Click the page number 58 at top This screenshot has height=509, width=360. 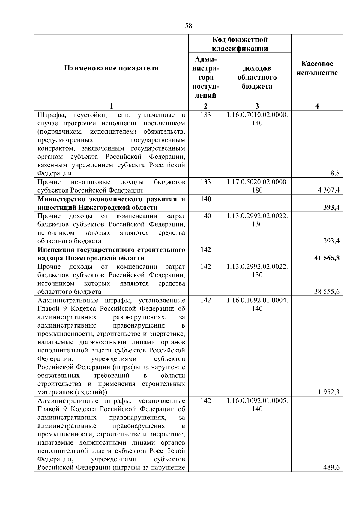(188, 26)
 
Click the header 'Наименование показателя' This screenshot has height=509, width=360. (111, 68)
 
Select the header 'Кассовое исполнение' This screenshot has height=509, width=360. (317, 68)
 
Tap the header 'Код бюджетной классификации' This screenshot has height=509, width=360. (240, 44)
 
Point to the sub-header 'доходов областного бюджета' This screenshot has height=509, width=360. (257, 78)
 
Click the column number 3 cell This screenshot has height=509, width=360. (257, 106)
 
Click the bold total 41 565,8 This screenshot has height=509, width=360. (327, 258)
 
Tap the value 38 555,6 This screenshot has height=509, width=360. (327, 292)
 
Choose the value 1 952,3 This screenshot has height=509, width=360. (329, 392)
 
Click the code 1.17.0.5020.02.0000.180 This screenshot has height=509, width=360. (257, 186)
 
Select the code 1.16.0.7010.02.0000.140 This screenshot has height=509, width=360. (257, 119)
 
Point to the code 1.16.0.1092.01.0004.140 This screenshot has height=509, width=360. (257, 304)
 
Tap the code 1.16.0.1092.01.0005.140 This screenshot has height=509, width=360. (257, 405)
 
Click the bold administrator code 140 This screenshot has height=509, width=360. (205, 199)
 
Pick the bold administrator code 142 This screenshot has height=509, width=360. (205, 250)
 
